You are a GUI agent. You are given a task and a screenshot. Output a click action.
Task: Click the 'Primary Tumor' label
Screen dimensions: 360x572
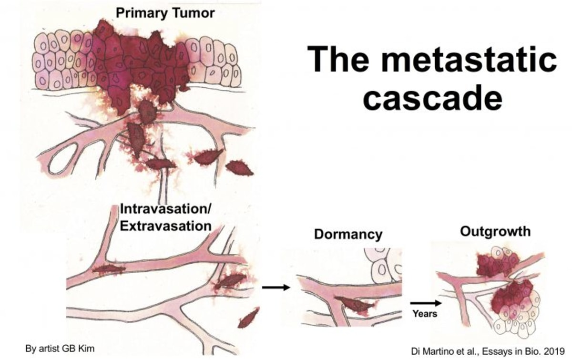165,12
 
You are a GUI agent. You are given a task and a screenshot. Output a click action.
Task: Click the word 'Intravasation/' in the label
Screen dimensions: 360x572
166,209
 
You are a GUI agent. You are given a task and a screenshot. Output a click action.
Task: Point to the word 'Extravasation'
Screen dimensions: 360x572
165,225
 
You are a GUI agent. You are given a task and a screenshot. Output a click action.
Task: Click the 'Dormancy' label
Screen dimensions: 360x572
348,234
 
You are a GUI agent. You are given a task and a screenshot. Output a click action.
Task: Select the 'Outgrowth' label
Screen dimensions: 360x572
495,231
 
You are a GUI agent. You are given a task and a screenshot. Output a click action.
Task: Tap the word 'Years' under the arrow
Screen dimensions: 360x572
425,314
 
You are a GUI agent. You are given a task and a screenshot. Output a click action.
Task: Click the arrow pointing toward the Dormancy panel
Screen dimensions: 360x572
276,287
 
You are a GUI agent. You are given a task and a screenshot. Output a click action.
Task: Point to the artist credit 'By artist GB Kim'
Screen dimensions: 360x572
60,349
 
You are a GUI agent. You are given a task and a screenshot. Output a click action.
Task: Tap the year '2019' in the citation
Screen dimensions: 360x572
553,349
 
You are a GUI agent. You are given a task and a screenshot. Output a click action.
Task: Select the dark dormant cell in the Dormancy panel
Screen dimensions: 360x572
353,304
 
